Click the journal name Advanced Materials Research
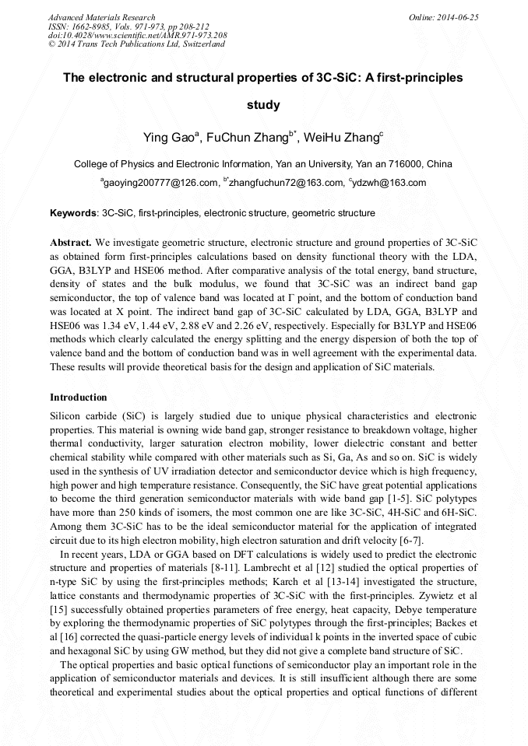pyautogui.click(x=101, y=17)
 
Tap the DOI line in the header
pyautogui.click(x=137, y=36)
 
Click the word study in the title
pyautogui.click(x=263, y=104)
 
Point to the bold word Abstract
pyautogui.click(x=71, y=242)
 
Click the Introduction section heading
pyautogui.click(x=79, y=398)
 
